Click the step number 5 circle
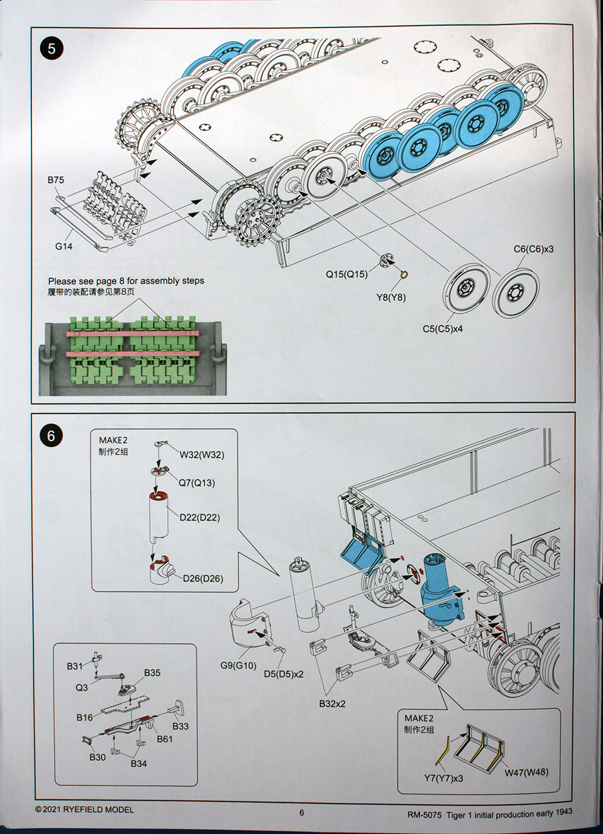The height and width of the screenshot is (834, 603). tap(52, 48)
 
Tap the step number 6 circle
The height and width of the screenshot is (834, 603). tap(51, 435)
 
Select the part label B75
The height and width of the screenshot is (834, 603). tap(56, 180)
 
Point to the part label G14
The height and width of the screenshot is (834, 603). tap(64, 246)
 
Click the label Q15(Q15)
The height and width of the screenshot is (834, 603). tap(346, 274)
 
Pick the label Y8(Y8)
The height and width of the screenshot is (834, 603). tap(391, 297)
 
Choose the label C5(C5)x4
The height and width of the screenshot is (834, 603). tap(443, 329)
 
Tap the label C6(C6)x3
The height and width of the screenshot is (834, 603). tap(533, 249)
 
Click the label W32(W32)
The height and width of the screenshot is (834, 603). tap(202, 455)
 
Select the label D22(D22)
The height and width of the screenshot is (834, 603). tap(199, 518)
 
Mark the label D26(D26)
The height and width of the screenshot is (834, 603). tap(203, 578)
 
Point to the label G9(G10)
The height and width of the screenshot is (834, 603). tap(238, 665)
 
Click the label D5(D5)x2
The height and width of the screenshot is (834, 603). tap(283, 674)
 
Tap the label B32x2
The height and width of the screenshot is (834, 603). tap(332, 704)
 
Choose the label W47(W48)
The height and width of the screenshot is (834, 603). tap(527, 772)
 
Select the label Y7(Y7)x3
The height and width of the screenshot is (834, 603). tap(443, 778)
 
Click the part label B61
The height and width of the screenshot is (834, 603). tap(165, 739)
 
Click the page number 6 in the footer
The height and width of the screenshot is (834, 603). tap(302, 813)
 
